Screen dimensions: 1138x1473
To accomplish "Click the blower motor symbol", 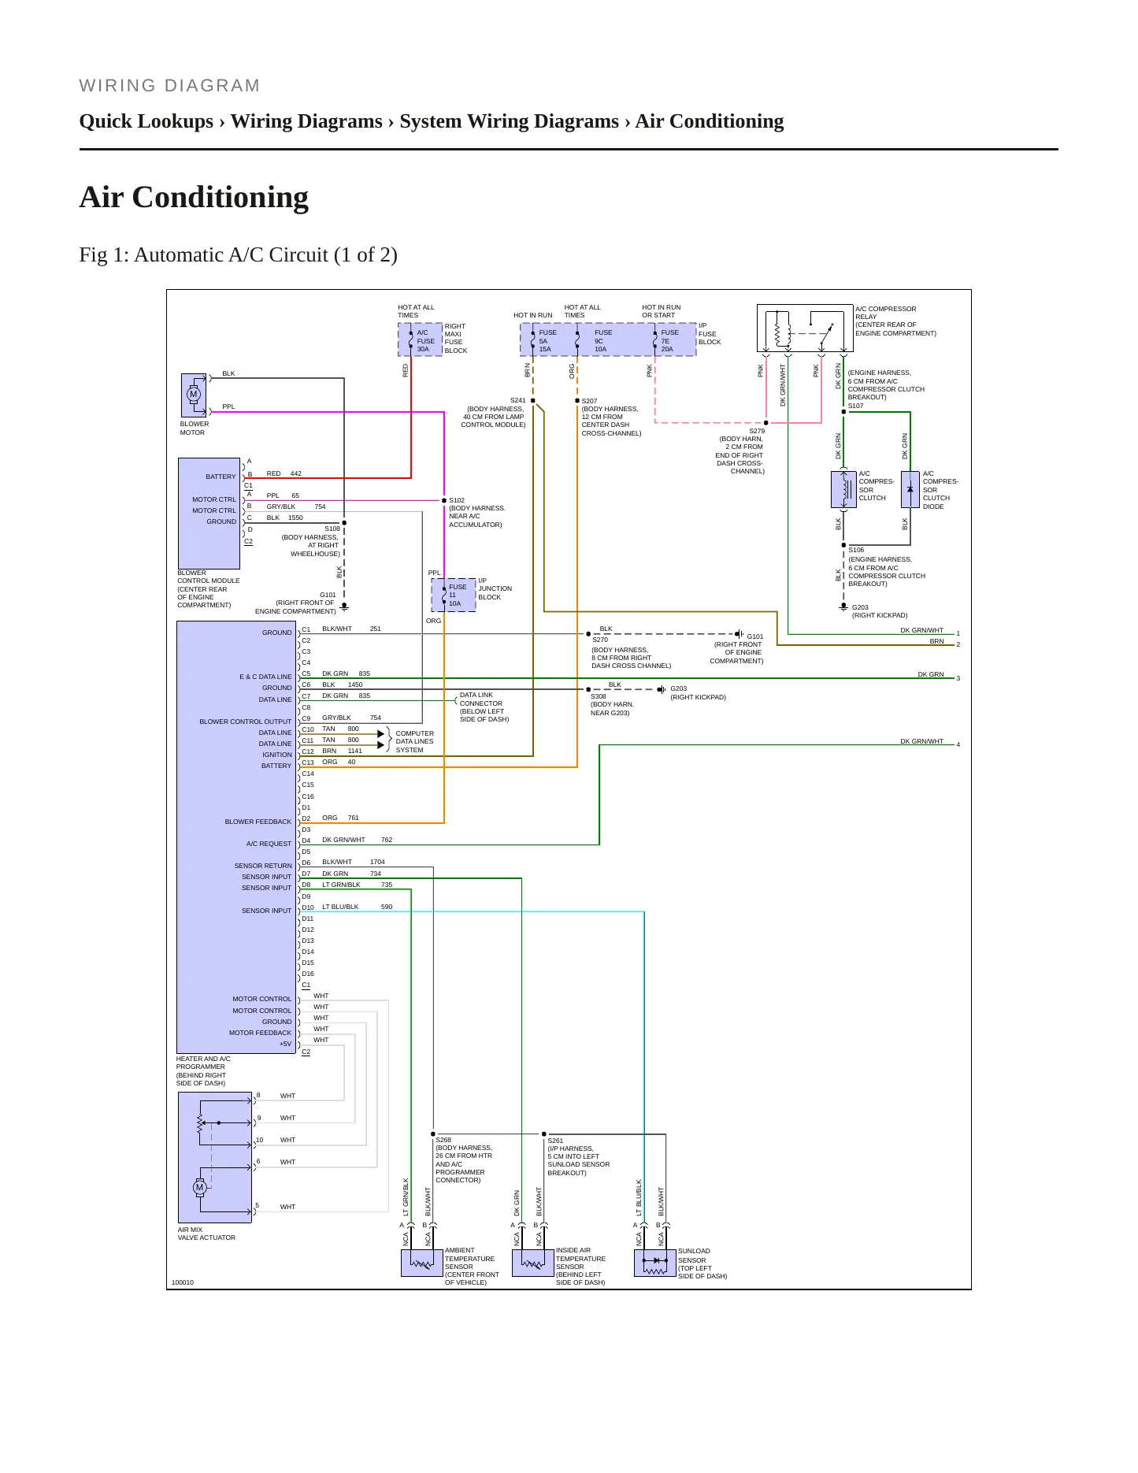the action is pyautogui.click(x=194, y=395).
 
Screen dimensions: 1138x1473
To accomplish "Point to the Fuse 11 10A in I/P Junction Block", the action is pyautogui.click(x=454, y=595).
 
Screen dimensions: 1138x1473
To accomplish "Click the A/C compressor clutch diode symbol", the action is pyautogui.click(x=910, y=489).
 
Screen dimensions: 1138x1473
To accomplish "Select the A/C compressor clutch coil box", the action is pyautogui.click(x=843, y=489).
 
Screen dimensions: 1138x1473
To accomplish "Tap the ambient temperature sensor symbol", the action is pyautogui.click(x=422, y=1263).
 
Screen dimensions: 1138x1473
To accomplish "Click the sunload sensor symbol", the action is pyautogui.click(x=655, y=1263).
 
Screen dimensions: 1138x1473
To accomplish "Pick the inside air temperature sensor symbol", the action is pyautogui.click(x=533, y=1263).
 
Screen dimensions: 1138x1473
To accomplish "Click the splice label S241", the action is pyautogui.click(x=517, y=400).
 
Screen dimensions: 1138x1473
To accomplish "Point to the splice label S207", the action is pyautogui.click(x=589, y=401).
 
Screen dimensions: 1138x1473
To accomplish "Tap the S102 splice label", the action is pyautogui.click(x=457, y=500).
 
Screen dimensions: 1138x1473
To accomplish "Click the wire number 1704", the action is pyautogui.click(x=377, y=862).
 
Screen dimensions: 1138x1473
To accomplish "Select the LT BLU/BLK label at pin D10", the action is pyautogui.click(x=340, y=907).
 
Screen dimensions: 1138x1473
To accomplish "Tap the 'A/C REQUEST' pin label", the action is pyautogui.click(x=269, y=844).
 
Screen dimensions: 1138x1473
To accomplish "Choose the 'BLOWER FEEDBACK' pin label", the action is pyautogui.click(x=258, y=822).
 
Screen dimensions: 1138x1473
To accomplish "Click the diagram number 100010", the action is pyautogui.click(x=183, y=1282).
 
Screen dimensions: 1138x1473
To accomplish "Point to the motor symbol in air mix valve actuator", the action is pyautogui.click(x=200, y=1187).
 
